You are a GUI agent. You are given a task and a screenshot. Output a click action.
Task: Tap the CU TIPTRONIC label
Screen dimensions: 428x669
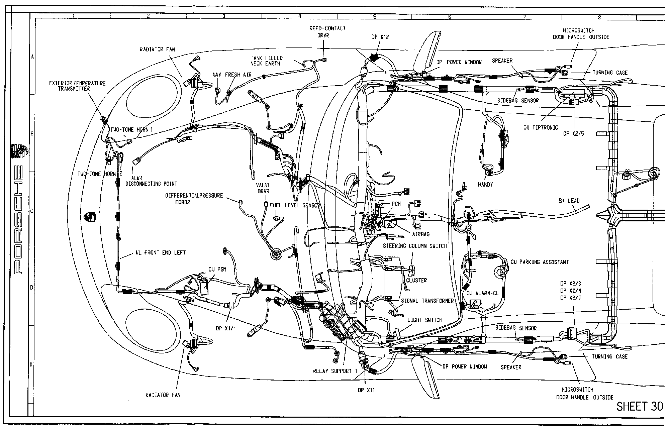(541, 128)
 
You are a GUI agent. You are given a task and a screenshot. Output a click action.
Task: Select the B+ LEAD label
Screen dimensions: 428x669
(569, 201)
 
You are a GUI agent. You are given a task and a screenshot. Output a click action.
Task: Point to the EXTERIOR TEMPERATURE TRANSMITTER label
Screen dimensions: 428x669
(77, 86)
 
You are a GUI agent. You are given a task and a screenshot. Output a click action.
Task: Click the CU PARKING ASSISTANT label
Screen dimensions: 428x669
(540, 262)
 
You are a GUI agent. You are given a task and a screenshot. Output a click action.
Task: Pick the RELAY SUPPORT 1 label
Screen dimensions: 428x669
(335, 371)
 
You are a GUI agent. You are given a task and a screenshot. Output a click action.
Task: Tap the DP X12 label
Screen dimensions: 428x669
(380, 37)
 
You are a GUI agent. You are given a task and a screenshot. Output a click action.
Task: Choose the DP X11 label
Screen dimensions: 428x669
(366, 390)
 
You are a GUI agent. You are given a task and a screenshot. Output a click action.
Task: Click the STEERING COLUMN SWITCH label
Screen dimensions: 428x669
(415, 246)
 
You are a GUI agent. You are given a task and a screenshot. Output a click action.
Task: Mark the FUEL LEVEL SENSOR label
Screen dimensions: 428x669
(295, 205)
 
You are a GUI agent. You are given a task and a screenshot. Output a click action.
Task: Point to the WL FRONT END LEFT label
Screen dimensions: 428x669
(161, 253)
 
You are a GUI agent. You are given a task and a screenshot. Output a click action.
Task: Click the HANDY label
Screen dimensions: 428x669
(485, 185)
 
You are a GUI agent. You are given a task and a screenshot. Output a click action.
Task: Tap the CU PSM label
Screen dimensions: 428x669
(217, 270)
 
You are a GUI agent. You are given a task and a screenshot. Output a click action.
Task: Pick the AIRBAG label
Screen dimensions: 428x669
(421, 234)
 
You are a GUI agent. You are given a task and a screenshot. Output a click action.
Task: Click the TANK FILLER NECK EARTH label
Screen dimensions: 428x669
(267, 61)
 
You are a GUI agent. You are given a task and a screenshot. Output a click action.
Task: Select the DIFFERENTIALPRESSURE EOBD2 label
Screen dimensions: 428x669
(194, 199)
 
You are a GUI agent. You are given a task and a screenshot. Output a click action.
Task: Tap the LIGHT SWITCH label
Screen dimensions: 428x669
(425, 320)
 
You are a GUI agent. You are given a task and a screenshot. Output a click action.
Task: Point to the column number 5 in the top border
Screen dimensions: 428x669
(375, 16)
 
